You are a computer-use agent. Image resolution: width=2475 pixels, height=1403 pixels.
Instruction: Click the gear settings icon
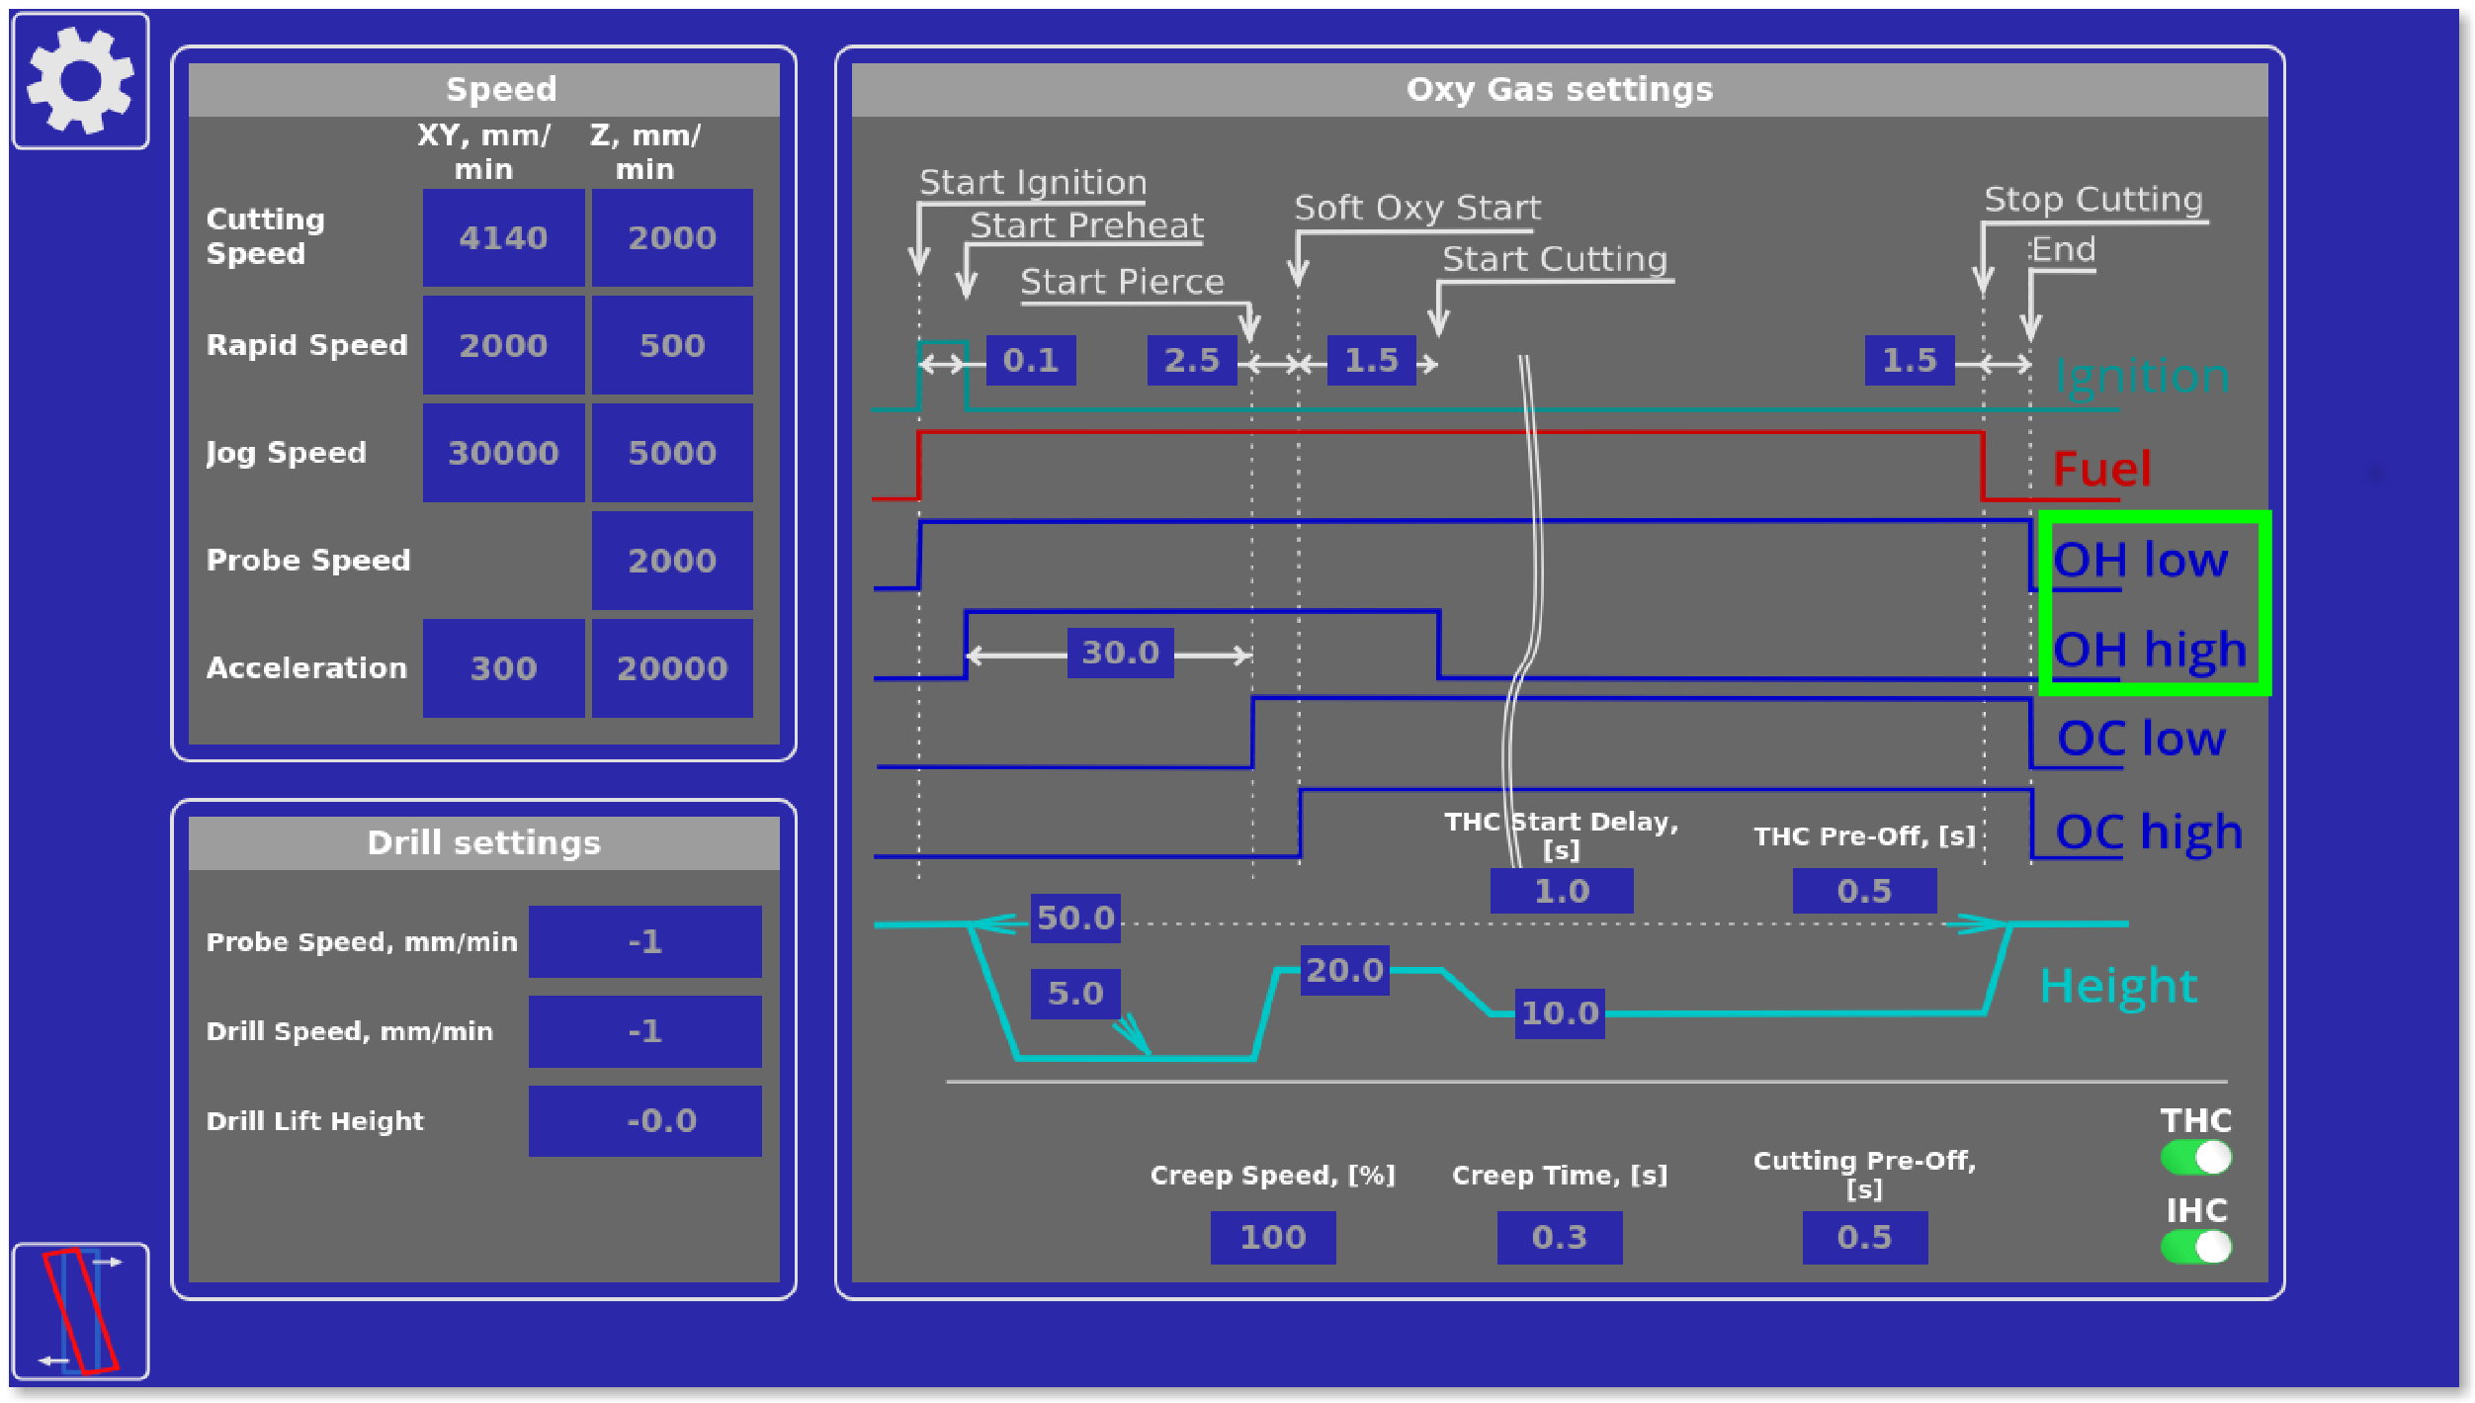[80, 81]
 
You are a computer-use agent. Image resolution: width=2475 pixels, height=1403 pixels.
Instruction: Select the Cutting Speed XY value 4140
[503, 238]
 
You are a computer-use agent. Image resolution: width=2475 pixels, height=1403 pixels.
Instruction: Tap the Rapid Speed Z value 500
[672, 346]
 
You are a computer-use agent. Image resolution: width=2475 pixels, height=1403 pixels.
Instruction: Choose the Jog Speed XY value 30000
[503, 453]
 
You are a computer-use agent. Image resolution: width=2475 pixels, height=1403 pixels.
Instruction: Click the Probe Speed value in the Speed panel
[672, 561]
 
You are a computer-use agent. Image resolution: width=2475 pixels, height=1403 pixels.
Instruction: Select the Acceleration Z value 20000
[672, 668]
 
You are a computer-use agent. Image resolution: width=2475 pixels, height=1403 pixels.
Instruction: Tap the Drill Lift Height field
[644, 1121]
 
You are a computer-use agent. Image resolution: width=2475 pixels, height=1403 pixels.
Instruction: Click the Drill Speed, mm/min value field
[644, 1031]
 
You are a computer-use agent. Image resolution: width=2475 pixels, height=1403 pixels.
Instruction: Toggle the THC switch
[2195, 1157]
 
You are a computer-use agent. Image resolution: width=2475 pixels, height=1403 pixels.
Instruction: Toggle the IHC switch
[2195, 1247]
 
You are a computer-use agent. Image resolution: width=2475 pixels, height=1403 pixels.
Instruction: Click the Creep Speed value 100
[1272, 1237]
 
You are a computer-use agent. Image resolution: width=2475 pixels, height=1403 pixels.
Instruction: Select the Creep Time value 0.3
[1559, 1237]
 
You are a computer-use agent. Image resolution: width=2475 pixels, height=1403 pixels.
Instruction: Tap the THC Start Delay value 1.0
[1561, 891]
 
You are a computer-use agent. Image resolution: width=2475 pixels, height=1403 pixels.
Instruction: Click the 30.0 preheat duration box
[1120, 653]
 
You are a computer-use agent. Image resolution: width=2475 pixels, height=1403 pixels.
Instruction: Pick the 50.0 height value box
[1075, 918]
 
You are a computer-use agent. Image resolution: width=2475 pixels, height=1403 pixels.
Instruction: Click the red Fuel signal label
[2101, 469]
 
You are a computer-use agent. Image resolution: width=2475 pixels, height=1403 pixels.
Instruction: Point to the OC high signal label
[2148, 833]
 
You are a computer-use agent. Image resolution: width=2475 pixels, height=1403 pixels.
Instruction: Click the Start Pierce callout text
[1122, 283]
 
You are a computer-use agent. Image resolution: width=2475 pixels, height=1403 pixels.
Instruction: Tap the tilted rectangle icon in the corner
[80, 1311]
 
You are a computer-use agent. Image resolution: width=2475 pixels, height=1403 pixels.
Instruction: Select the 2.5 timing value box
[1191, 360]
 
